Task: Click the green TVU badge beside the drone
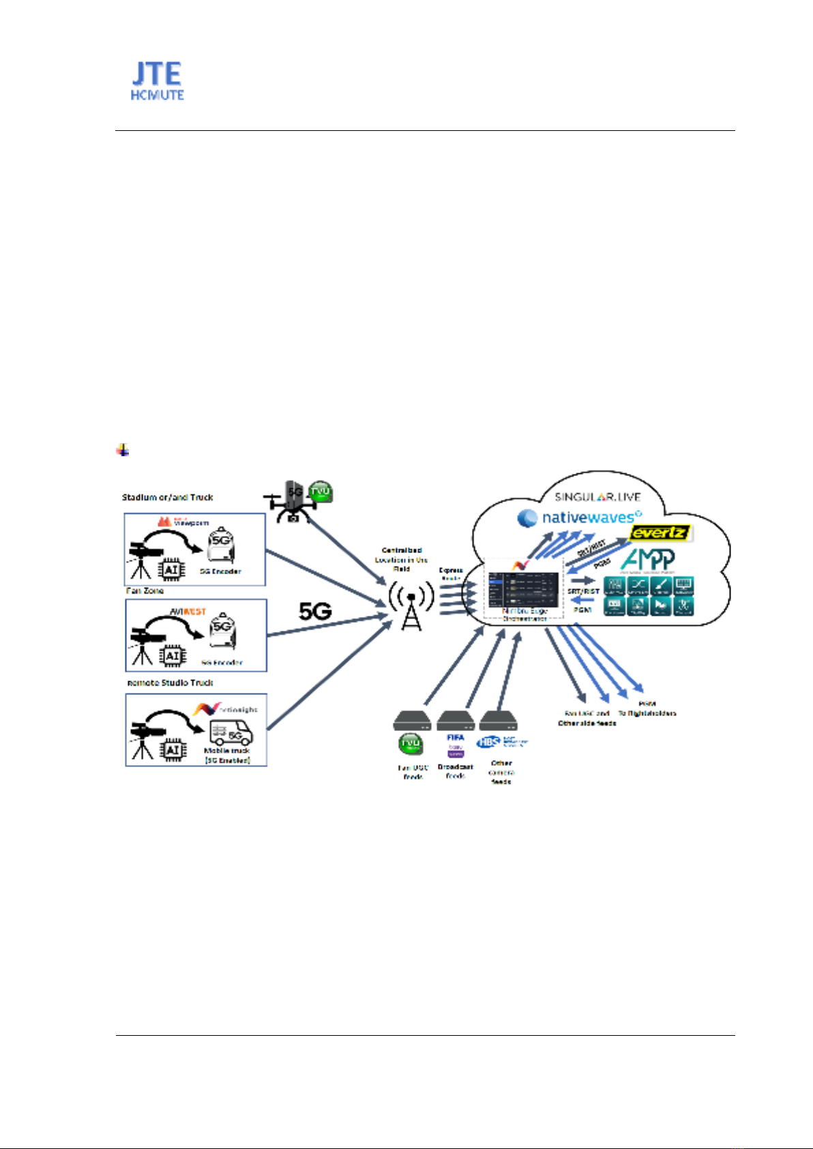pyautogui.click(x=320, y=492)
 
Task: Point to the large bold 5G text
pyautogui.click(x=315, y=612)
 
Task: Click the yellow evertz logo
pyautogui.click(x=660, y=533)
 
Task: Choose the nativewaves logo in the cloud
pyautogui.click(x=580, y=518)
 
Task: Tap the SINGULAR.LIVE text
pyautogui.click(x=597, y=497)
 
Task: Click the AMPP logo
pyautogui.click(x=647, y=559)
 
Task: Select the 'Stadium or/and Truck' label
pyautogui.click(x=168, y=497)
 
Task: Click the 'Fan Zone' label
pyautogui.click(x=145, y=591)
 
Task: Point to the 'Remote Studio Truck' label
pyautogui.click(x=171, y=683)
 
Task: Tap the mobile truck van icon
pyautogui.click(x=231, y=734)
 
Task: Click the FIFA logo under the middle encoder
pyautogui.click(x=456, y=737)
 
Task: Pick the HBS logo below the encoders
pyautogui.click(x=488, y=743)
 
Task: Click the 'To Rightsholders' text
pyautogui.click(x=647, y=713)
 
